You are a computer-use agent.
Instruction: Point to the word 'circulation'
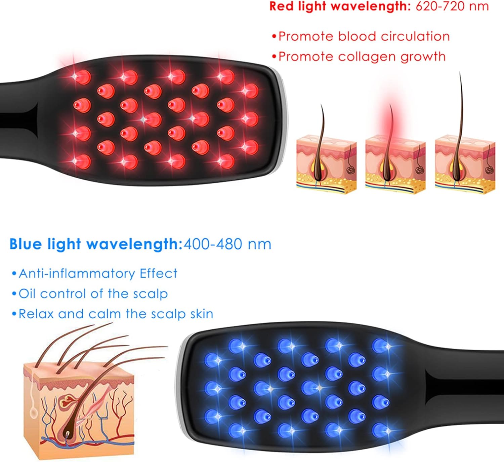click(x=415, y=36)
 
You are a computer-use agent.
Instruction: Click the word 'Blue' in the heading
click(x=26, y=244)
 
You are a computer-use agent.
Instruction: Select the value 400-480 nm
click(x=227, y=244)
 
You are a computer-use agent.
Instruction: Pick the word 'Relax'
click(x=36, y=314)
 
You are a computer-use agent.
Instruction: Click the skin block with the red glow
click(x=395, y=164)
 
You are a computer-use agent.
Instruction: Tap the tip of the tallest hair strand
click(x=460, y=72)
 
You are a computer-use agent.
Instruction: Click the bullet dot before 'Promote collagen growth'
click(x=274, y=57)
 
